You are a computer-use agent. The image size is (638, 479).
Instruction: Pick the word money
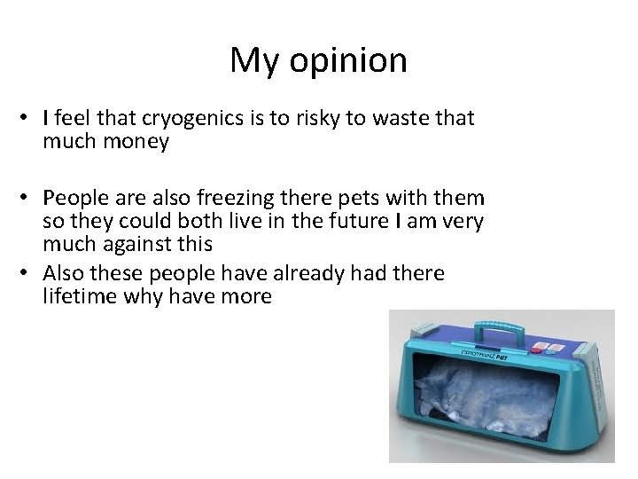click(133, 141)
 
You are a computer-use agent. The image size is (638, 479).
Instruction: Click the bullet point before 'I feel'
click(29, 118)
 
